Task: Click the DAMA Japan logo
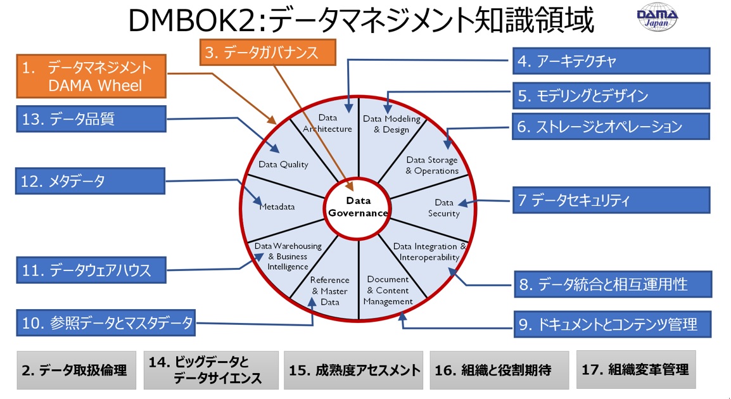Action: (x=656, y=20)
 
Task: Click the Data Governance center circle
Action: (x=358, y=206)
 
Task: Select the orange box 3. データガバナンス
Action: (x=269, y=53)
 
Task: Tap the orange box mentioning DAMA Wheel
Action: (x=92, y=77)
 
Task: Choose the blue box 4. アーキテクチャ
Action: (x=610, y=61)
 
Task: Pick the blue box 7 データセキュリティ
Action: (x=611, y=200)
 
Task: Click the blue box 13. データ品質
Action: (x=92, y=119)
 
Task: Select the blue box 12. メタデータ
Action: (x=92, y=181)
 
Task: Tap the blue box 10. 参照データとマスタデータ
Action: (x=106, y=323)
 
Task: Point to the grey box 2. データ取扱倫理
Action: (x=77, y=370)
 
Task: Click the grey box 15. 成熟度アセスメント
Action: (x=353, y=370)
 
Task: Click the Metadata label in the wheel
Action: (x=277, y=206)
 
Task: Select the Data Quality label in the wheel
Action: (x=283, y=165)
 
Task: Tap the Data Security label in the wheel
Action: (x=443, y=208)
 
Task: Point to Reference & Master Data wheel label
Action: (x=329, y=291)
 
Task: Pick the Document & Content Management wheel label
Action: (x=388, y=291)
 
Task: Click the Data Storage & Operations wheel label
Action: (x=432, y=165)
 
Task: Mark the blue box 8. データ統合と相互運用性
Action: (x=612, y=284)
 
